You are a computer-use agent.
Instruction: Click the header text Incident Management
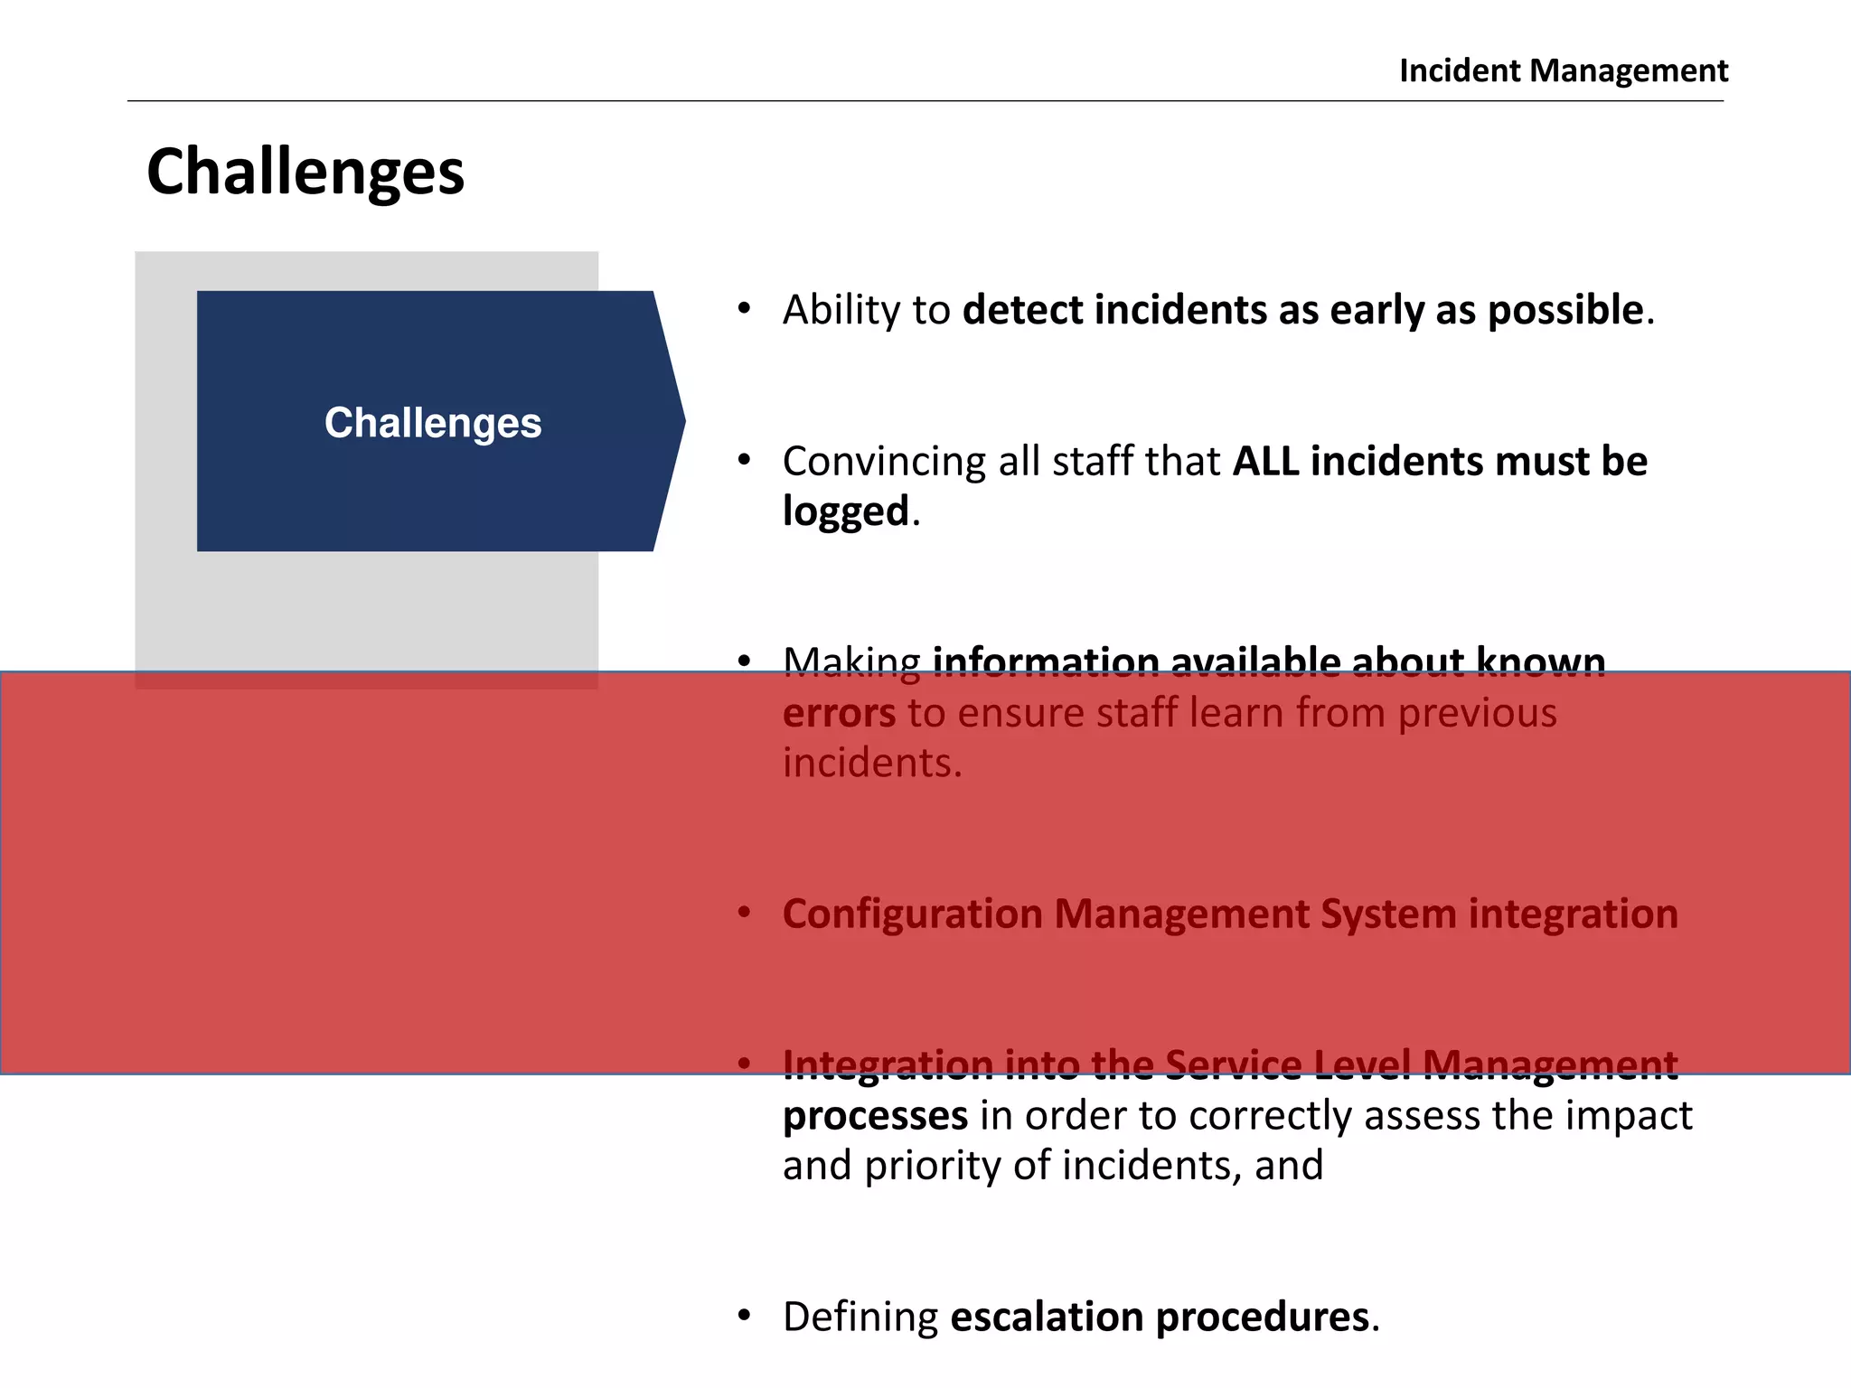pyautogui.click(x=1563, y=70)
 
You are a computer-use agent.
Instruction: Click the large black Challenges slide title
pyautogui.click(x=305, y=172)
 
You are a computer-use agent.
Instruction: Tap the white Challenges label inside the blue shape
pyautogui.click(x=433, y=423)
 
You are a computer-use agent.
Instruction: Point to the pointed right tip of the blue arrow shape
pyautogui.click(x=682, y=420)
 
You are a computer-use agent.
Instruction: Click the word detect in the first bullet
pyautogui.click(x=1022, y=310)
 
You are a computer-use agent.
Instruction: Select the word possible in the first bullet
pyautogui.click(x=1564, y=310)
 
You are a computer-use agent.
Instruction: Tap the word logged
pyautogui.click(x=845, y=511)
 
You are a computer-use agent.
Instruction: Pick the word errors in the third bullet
pyautogui.click(x=839, y=713)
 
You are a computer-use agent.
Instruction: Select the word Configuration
pyautogui.click(x=912, y=914)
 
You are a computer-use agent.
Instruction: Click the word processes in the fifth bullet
pyautogui.click(x=875, y=1116)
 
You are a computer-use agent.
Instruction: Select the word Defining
pyautogui.click(x=860, y=1318)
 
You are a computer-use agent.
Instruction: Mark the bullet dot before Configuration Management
pyautogui.click(x=744, y=914)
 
